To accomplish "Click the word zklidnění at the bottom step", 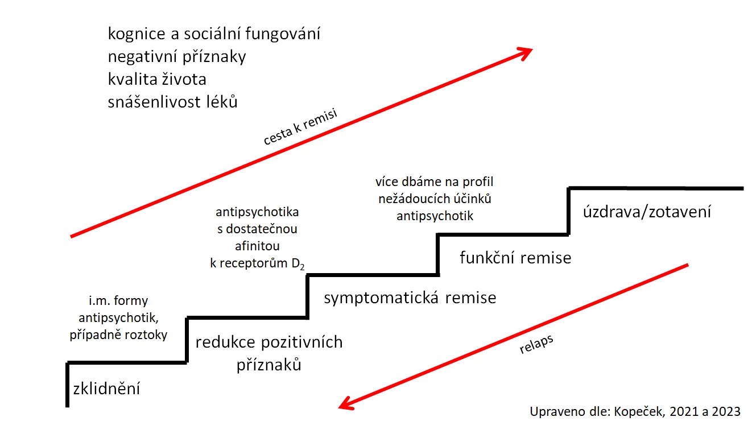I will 106,389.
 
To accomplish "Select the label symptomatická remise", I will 410,298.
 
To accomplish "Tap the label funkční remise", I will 515,258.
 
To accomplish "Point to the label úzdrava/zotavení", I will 647,213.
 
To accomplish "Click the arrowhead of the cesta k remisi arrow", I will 523,52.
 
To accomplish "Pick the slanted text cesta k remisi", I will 300,127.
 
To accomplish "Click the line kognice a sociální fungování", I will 214,34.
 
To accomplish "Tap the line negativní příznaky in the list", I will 176,57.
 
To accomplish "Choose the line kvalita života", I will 156,79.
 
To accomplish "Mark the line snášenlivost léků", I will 172,102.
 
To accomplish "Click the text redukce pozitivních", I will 269,342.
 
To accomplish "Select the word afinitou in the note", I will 257,246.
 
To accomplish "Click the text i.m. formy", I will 118,301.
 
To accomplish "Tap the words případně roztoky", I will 118,335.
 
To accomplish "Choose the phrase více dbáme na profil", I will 434,183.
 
